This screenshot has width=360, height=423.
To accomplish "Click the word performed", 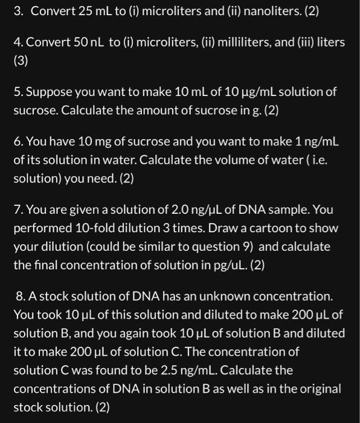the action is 40,228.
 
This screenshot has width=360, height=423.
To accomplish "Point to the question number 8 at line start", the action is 21,297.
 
